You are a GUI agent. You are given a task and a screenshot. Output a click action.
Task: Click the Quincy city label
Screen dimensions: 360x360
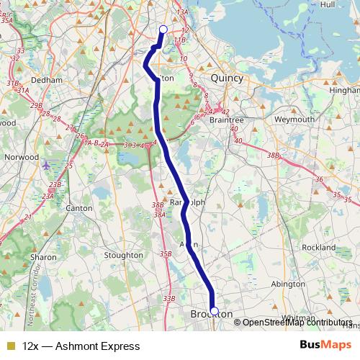coord(227,78)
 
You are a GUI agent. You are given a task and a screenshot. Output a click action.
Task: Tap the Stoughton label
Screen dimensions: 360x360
coord(124,255)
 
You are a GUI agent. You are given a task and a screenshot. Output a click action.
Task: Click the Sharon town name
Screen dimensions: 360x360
coord(43,256)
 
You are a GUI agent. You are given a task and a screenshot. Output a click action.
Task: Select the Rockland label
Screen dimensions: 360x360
coord(319,248)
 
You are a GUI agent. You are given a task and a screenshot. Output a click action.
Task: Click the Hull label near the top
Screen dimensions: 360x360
coord(328,4)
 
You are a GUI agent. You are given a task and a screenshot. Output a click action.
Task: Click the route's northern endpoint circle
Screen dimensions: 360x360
coord(163,30)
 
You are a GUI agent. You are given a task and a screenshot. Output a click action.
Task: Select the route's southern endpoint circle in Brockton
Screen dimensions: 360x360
coord(213,311)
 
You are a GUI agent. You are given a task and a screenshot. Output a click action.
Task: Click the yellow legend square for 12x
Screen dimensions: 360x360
coord(10,346)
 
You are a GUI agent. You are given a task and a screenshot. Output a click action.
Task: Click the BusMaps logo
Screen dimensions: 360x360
coord(325,346)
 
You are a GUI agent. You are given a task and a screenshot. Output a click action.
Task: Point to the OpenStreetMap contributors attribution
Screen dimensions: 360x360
coord(297,323)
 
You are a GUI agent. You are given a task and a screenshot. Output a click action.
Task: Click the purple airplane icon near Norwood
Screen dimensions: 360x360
coord(47,166)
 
